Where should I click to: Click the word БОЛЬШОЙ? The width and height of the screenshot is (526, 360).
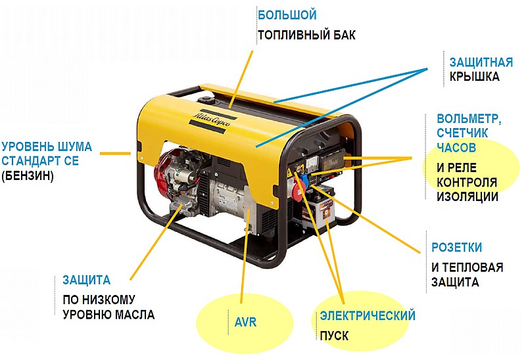pyautogui.click(x=287, y=15)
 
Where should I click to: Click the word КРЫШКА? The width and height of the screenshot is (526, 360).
pyautogui.click(x=474, y=77)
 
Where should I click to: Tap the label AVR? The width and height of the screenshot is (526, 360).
pyautogui.click(x=245, y=322)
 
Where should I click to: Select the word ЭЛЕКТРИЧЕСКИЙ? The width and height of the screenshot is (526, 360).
pyautogui.click(x=368, y=316)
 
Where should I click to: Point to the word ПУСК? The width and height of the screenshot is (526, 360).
pyautogui.click(x=334, y=336)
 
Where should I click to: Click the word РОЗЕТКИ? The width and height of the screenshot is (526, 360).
pyautogui.click(x=456, y=248)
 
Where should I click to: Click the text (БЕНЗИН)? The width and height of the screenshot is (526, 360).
pyautogui.click(x=28, y=175)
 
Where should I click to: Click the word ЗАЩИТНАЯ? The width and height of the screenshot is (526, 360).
pyautogui.click(x=481, y=62)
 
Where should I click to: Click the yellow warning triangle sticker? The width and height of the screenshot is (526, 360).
pyautogui.click(x=289, y=173)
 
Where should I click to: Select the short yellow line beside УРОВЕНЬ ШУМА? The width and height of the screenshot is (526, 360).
pyautogui.click(x=116, y=154)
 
